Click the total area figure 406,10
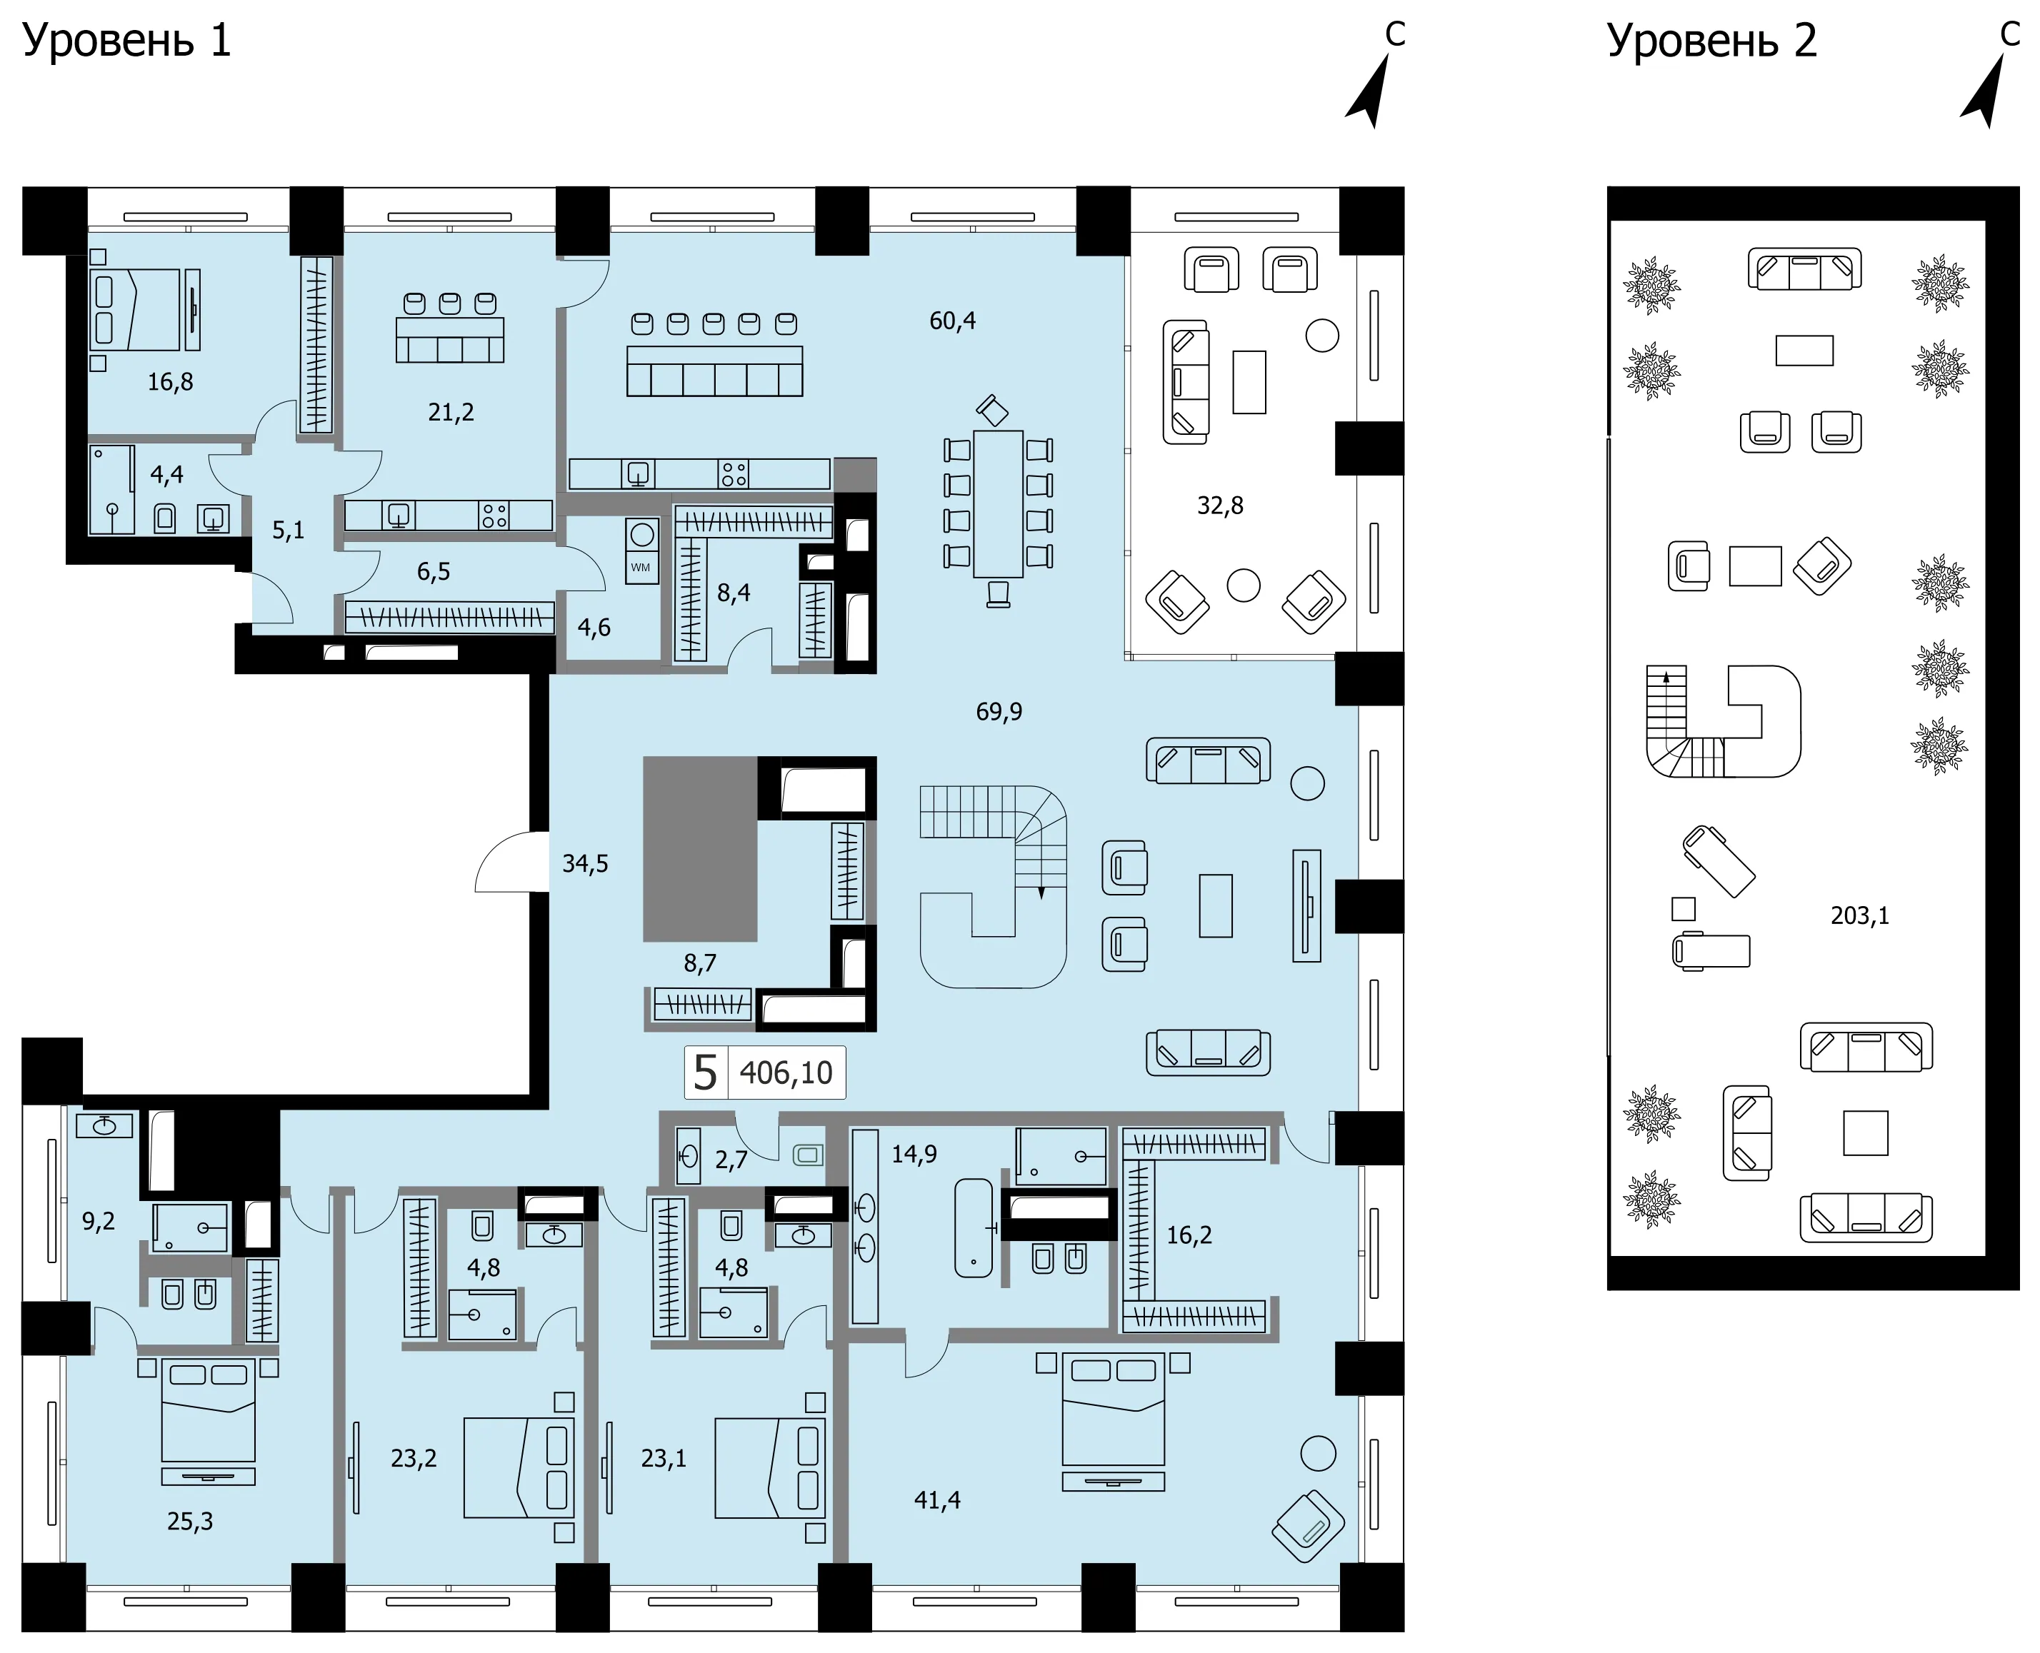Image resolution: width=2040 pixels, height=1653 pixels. click(x=786, y=1073)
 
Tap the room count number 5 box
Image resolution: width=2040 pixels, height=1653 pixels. click(x=706, y=1073)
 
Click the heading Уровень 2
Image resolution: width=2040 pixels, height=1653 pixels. click(x=1711, y=41)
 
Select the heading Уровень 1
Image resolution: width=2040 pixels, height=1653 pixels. click(x=126, y=41)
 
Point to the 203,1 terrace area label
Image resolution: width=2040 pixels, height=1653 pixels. click(x=1859, y=915)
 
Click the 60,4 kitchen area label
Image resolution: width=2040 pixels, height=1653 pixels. click(x=952, y=321)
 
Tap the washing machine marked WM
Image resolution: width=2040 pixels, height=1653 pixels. click(x=642, y=551)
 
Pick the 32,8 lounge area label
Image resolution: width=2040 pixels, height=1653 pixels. click(x=1220, y=505)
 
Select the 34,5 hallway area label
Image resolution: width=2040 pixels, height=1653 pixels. click(x=585, y=864)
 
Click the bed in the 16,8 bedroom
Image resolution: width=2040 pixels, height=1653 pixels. click(x=134, y=309)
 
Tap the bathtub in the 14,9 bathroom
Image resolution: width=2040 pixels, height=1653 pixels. click(x=974, y=1227)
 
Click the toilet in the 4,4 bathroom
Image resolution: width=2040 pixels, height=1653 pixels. click(x=165, y=518)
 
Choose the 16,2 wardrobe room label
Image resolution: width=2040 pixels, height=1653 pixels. click(x=1189, y=1235)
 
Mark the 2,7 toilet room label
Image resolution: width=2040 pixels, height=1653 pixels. click(x=731, y=1160)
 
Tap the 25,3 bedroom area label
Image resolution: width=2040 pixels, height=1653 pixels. click(x=191, y=1522)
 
